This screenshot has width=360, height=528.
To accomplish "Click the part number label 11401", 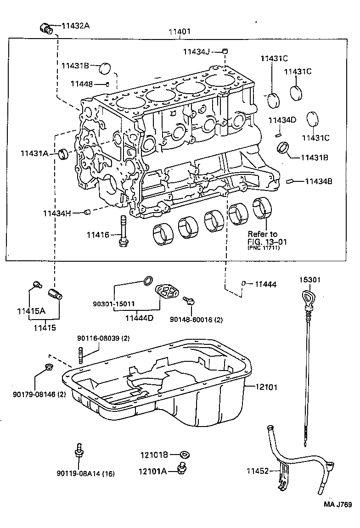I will pyautogui.click(x=179, y=32).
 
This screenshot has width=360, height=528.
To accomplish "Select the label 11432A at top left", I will pyautogui.click(x=75, y=26).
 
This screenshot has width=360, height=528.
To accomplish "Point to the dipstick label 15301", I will pyautogui.click(x=310, y=280).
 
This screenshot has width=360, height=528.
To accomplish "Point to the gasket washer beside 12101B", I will pyautogui.click(x=185, y=455).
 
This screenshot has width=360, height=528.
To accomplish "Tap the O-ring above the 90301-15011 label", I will pyautogui.click(x=148, y=281).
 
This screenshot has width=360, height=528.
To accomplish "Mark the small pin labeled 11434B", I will pyautogui.click(x=289, y=181).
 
